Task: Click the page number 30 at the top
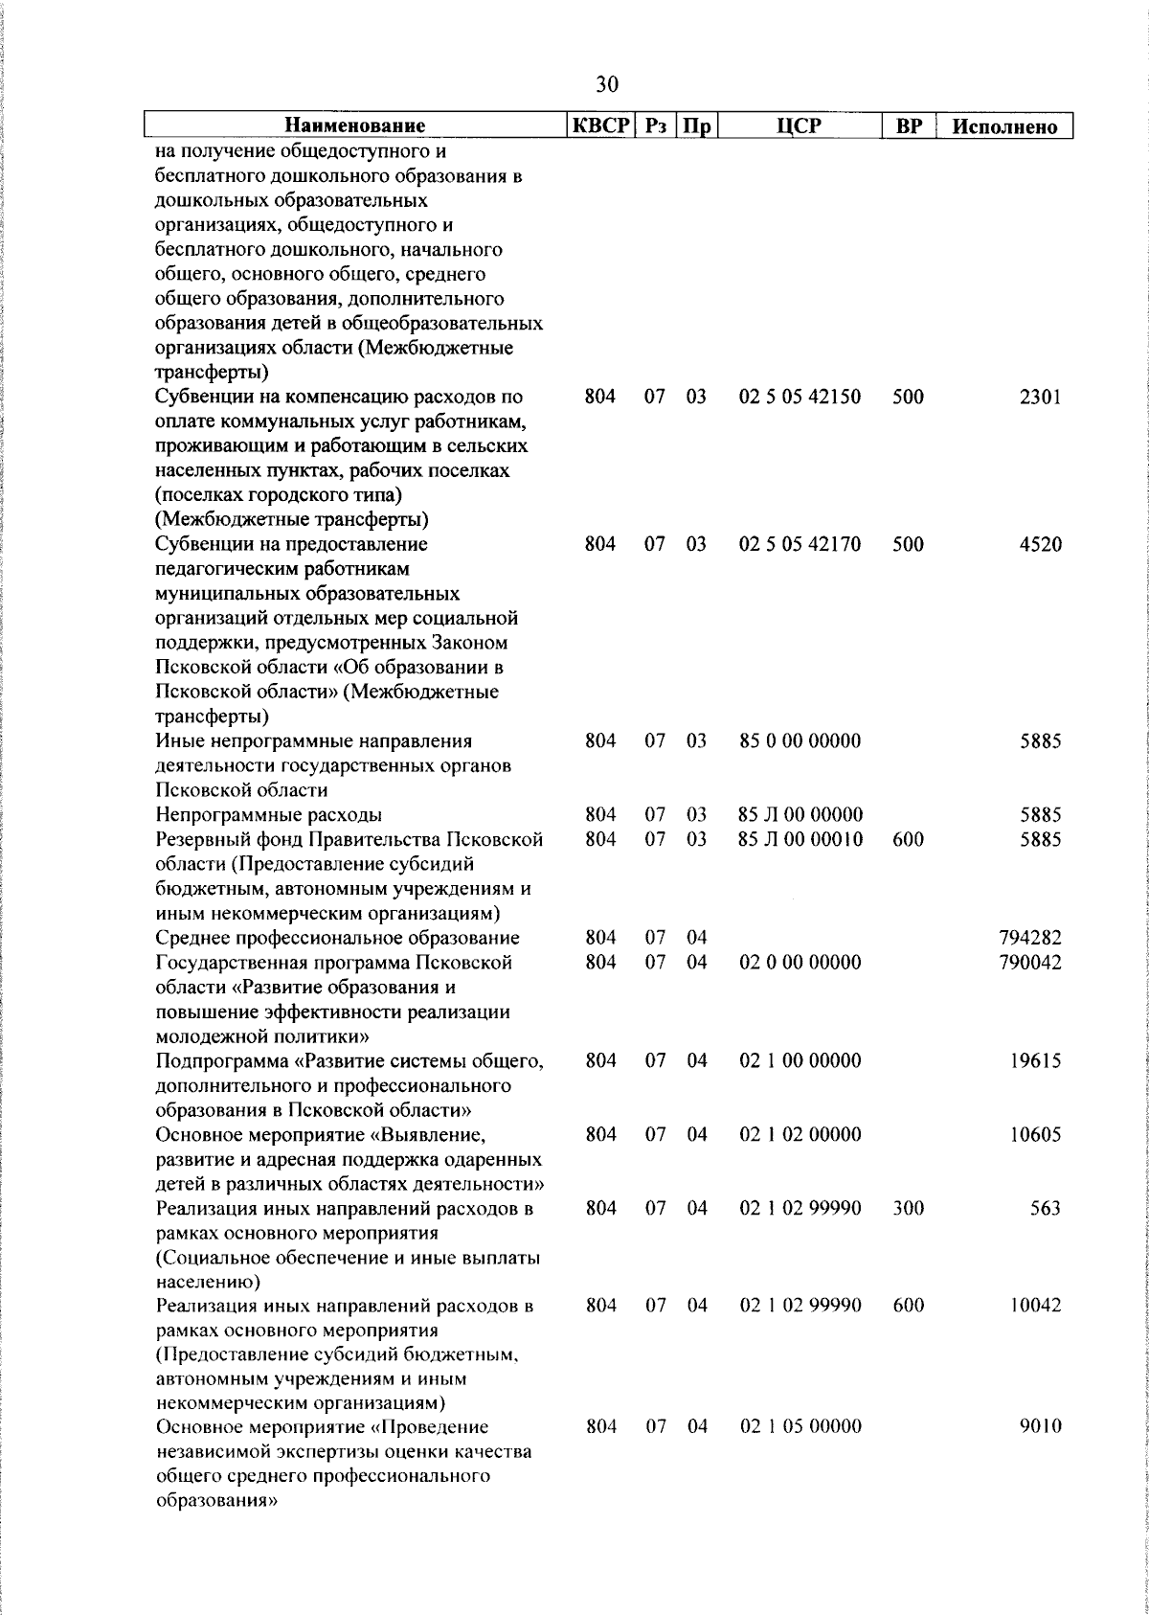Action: pos(607,84)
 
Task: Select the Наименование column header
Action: pos(354,125)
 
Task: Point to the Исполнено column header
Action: pos(1005,126)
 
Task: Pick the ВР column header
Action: pos(907,125)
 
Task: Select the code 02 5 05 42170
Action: pos(800,544)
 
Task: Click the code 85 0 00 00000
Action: pos(800,740)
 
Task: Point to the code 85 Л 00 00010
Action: pos(800,839)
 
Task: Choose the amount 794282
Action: pos(1029,938)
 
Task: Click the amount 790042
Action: pos(1029,962)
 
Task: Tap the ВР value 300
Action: pos(908,1208)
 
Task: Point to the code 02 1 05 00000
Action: pos(800,1426)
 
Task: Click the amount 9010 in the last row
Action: pos(1040,1426)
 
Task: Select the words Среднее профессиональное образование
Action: pos(337,938)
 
